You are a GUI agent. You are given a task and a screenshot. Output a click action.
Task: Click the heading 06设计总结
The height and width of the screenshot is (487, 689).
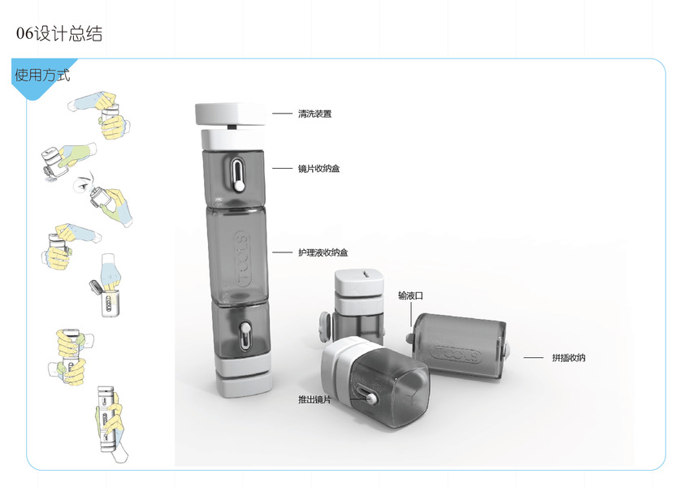tap(59, 34)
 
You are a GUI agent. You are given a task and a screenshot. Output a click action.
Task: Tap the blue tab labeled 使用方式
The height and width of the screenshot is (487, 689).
tap(42, 75)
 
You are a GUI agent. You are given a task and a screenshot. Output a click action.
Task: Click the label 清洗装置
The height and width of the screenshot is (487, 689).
tap(314, 114)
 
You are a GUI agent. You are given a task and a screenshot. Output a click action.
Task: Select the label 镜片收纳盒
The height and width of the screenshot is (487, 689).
tap(318, 168)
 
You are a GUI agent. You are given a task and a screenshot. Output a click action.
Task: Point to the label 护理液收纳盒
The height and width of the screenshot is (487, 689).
tap(323, 252)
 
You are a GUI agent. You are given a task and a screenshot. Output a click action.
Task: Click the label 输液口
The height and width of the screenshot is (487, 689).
tap(410, 295)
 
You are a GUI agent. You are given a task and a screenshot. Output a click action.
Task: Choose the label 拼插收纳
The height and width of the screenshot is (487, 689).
tap(569, 358)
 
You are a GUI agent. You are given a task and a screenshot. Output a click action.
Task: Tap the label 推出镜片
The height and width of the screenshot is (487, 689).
tap(314, 399)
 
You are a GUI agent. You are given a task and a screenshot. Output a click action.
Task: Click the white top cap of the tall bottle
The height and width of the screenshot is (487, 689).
tap(230, 114)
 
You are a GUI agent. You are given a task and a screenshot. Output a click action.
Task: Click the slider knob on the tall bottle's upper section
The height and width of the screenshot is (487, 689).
tap(240, 185)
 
